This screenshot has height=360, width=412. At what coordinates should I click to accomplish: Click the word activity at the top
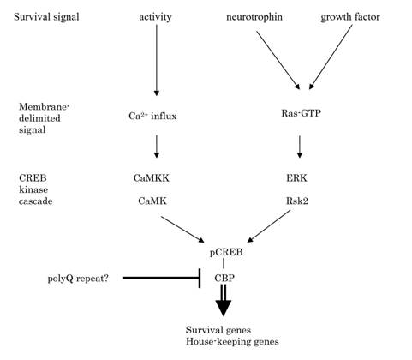click(x=155, y=17)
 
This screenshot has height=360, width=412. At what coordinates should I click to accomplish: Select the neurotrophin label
click(x=254, y=17)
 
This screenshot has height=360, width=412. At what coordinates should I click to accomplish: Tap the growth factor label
click(x=350, y=17)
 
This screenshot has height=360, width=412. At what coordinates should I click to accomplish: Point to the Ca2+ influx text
click(x=152, y=116)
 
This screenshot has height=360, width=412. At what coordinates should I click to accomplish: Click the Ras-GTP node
click(x=301, y=113)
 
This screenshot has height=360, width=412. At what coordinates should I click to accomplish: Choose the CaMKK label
click(x=151, y=178)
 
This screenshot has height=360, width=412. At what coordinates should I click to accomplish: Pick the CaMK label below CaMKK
click(x=152, y=201)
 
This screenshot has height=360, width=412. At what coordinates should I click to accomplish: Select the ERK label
click(x=296, y=178)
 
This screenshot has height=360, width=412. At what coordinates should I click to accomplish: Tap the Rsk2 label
click(x=297, y=201)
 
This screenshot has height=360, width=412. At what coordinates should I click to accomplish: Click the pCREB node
click(x=226, y=252)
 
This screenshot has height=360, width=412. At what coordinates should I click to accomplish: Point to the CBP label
click(x=224, y=278)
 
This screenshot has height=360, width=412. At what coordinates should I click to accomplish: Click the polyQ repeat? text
click(x=78, y=278)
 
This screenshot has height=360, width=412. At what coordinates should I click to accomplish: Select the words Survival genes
click(x=218, y=330)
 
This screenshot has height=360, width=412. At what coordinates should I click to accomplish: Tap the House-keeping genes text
click(x=232, y=341)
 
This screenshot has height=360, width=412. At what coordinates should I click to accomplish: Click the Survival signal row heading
click(x=46, y=17)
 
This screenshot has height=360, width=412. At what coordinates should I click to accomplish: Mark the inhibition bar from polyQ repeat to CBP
click(x=162, y=278)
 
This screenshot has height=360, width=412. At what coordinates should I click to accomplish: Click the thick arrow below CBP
click(x=223, y=300)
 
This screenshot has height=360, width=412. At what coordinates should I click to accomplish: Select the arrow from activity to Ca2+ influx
click(x=156, y=60)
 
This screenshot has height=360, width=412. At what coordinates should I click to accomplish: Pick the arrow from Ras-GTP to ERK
click(x=300, y=147)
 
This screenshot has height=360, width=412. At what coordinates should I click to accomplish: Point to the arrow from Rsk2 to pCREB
click(x=268, y=226)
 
